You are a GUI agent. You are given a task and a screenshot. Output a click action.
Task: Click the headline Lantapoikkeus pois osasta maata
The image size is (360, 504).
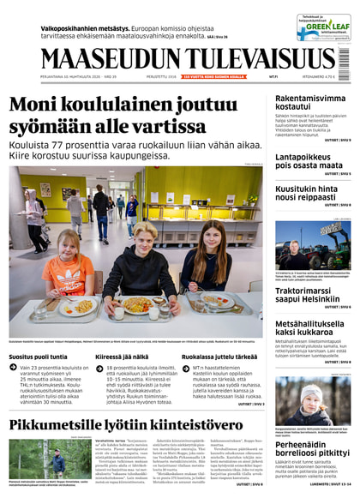(x=309, y=160)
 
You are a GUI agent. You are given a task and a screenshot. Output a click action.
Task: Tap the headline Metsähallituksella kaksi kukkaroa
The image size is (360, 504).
(x=311, y=329)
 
